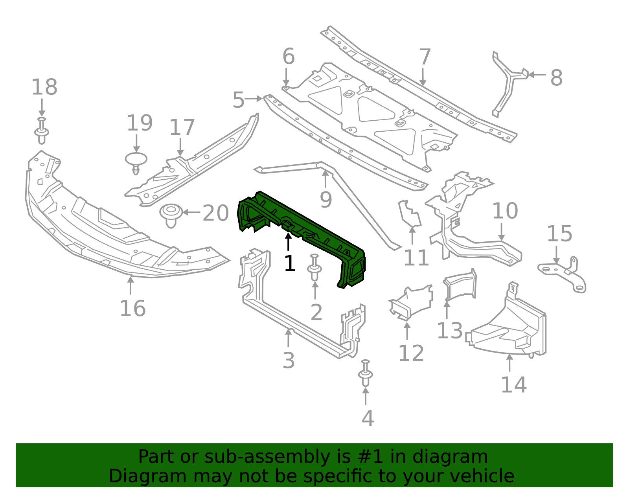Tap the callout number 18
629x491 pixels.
(x=44, y=87)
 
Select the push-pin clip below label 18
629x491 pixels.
(x=42, y=131)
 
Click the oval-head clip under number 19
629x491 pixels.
(x=136, y=163)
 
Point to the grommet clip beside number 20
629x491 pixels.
(x=171, y=215)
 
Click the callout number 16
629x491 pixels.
(x=132, y=309)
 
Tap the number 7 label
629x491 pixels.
(x=425, y=57)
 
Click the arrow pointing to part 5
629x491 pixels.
(x=254, y=99)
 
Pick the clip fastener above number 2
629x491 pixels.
(x=314, y=268)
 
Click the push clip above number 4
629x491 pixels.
(x=366, y=373)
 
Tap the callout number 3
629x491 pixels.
(x=289, y=361)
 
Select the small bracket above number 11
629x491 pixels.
(x=409, y=214)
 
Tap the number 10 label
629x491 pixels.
(x=505, y=211)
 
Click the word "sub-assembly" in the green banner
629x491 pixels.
(x=267, y=457)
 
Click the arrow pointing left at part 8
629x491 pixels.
(x=537, y=75)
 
